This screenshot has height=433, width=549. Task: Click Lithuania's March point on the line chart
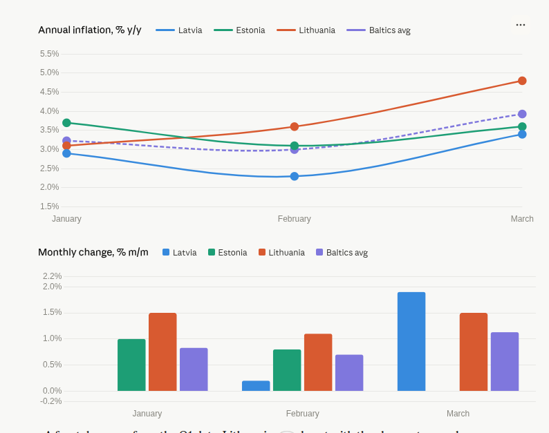coord(522,81)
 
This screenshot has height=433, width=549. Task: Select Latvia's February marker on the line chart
coord(295,176)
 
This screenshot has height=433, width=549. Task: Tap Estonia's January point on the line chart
coord(66,123)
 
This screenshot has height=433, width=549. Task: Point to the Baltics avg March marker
coord(522,114)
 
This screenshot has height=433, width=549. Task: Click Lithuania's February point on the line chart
coord(295,126)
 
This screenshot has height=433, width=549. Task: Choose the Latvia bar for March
coord(411,341)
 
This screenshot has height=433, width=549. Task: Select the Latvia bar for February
coord(256,386)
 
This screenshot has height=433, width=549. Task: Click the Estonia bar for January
coord(131,365)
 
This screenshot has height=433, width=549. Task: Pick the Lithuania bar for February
coord(318,363)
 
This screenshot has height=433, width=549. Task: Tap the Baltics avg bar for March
coord(505,361)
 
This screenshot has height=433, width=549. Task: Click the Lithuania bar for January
coord(162,352)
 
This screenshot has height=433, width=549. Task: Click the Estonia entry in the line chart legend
coord(239,30)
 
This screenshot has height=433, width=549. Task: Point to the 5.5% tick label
coord(49,54)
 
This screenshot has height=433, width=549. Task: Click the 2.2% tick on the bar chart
coord(52,276)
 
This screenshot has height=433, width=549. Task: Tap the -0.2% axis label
coord(50,401)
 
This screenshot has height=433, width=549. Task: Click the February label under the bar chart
coord(302,414)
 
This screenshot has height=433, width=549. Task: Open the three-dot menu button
coord(521,25)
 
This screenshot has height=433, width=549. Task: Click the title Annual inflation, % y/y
coord(90,30)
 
